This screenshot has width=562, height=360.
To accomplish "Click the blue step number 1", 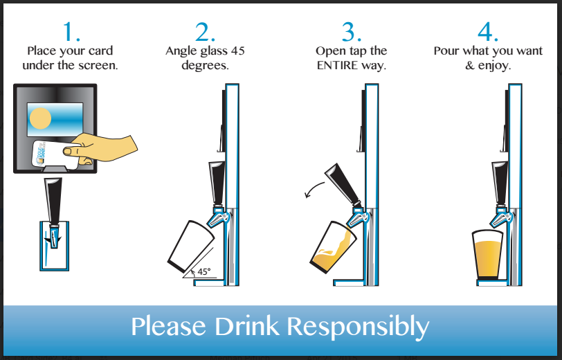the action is tap(71, 32).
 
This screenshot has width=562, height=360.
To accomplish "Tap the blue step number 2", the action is tap(205, 32).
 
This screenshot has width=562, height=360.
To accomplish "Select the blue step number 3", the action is tap(352, 32).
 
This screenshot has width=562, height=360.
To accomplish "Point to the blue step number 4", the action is tap(488, 32).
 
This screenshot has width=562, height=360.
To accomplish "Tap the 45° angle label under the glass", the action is tap(204, 272).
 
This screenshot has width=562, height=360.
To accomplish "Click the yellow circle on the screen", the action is tap(40, 118).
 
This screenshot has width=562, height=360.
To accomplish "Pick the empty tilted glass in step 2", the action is tap(191, 246).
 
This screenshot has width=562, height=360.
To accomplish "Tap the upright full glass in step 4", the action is tap(487, 255).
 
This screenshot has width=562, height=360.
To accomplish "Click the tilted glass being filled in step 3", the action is tap(333, 247).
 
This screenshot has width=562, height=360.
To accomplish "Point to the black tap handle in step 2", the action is tap(217, 183).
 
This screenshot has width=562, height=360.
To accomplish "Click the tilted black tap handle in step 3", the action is tap(343, 184).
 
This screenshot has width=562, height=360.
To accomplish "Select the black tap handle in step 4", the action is tap(500, 183).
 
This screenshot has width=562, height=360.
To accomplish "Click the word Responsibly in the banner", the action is tap(358, 327).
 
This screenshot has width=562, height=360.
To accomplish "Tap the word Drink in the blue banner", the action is tap(246, 326).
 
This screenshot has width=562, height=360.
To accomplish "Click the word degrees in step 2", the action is tap(205, 66).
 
